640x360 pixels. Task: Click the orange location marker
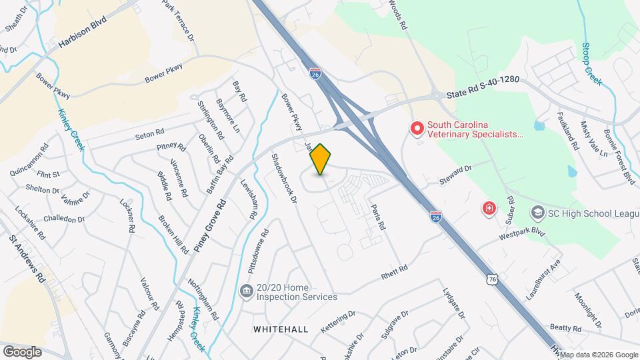[321, 159]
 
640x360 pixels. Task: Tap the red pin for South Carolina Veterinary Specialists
[417, 127]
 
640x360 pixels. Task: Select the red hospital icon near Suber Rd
[490, 209]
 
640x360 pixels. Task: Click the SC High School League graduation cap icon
[537, 213]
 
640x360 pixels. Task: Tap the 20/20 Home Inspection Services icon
[246, 291]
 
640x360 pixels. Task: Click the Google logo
[22, 351]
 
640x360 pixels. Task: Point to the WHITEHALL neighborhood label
[281, 329]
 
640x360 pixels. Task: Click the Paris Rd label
[378, 217]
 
